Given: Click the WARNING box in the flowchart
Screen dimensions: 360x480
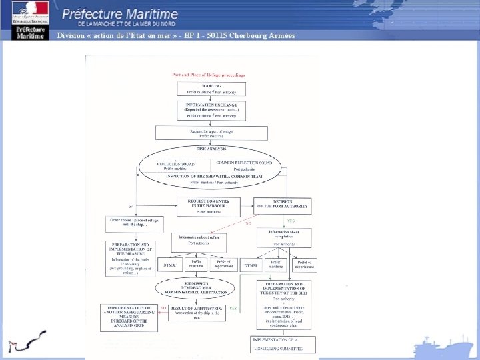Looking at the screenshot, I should click(x=211, y=88).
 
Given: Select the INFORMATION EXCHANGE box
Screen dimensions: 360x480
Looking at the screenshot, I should click(x=211, y=111).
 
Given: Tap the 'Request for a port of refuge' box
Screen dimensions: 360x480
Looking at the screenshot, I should click(x=211, y=133).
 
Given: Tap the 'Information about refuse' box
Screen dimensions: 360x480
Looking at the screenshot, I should click(x=199, y=240).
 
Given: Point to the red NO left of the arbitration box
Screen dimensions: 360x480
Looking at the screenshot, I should click(x=162, y=307).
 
